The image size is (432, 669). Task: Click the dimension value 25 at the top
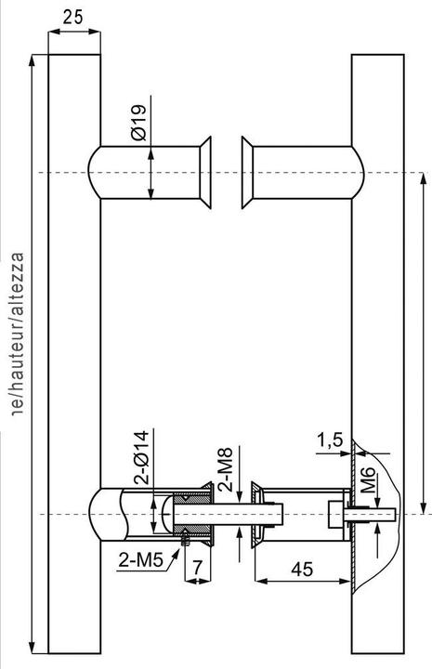(72, 16)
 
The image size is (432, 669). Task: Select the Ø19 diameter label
(138, 122)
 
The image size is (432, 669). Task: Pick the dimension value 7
(196, 565)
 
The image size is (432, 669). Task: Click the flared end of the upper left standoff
(205, 173)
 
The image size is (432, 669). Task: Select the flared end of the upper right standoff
(248, 173)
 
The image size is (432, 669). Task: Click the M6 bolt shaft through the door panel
(370, 514)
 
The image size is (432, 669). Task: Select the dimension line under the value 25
(72, 32)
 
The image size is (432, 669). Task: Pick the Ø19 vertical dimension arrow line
(151, 173)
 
